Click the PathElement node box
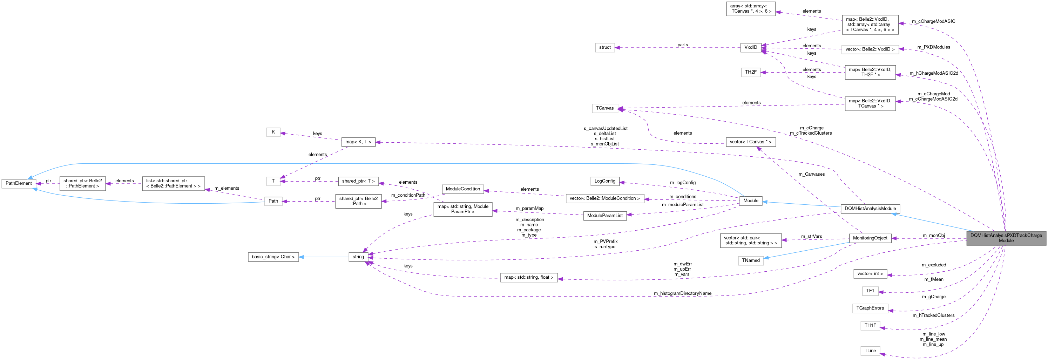pyautogui.click(x=19, y=183)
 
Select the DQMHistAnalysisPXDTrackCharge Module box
pyautogui.click(x=1006, y=238)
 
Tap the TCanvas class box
pyautogui.click(x=604, y=108)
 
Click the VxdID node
pyautogui.click(x=751, y=48)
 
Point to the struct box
pyautogui.click(x=604, y=48)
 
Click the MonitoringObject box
pyautogui.click(x=870, y=238)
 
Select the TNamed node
pyautogui.click(x=751, y=260)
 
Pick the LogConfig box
pyautogui.click(x=604, y=181)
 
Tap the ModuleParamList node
pyautogui.click(x=604, y=216)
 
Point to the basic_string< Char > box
pyautogui.click(x=273, y=257)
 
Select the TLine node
pyautogui.click(x=870, y=351)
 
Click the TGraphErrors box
pyautogui.click(x=870, y=308)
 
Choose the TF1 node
pyautogui.click(x=870, y=291)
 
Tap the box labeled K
pyautogui.click(x=273, y=132)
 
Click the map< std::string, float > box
pyautogui.click(x=528, y=277)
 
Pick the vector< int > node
pyautogui.click(x=870, y=274)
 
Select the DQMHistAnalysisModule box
pyautogui.click(x=870, y=209)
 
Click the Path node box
pyautogui.click(x=273, y=201)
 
